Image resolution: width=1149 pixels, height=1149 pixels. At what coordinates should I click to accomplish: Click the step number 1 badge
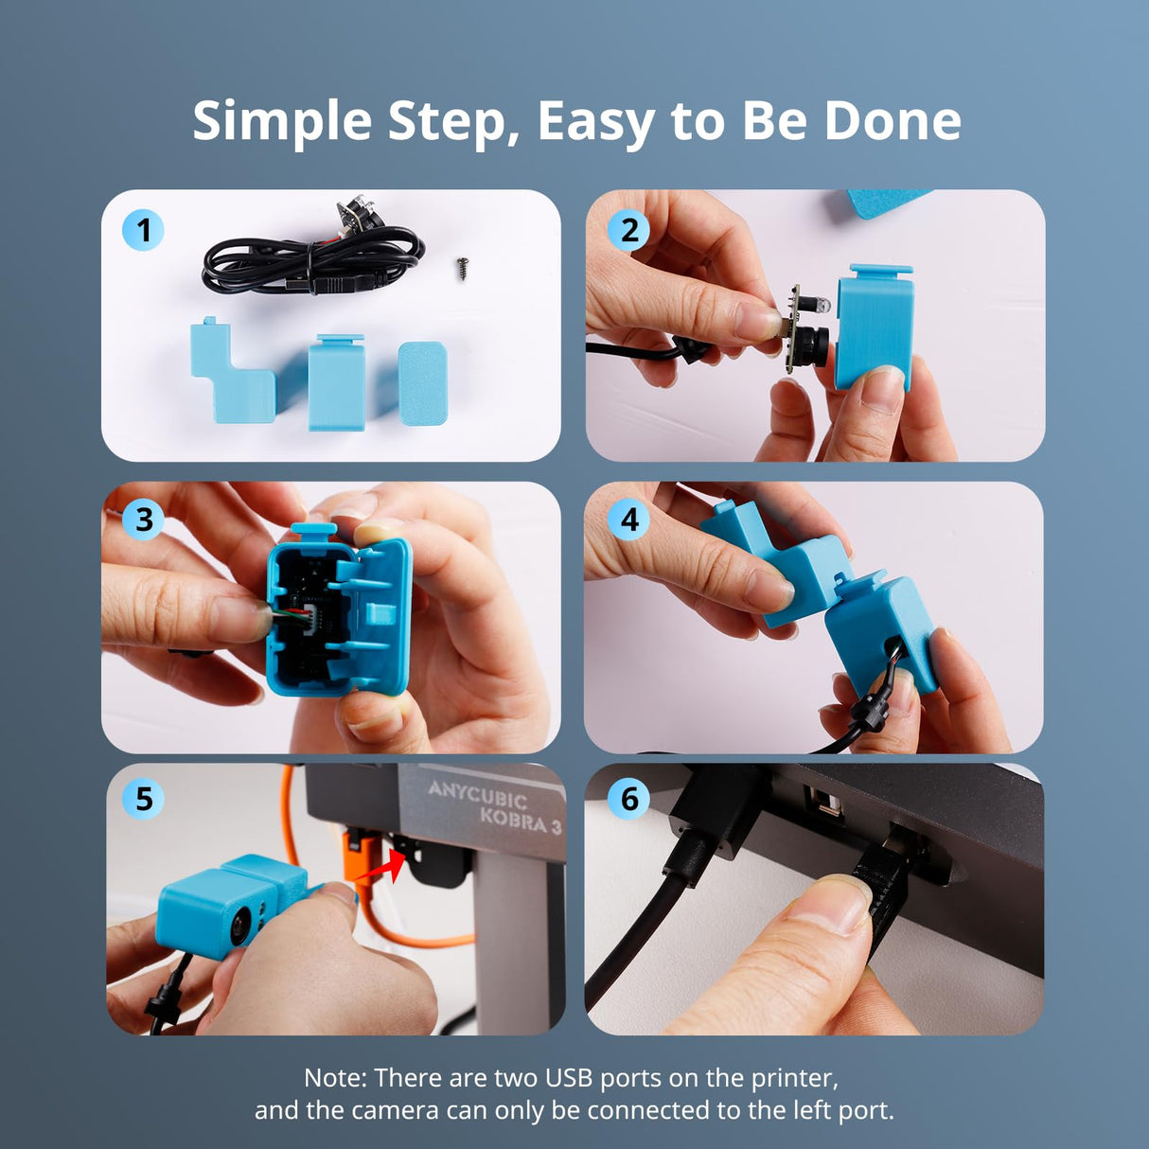(x=143, y=230)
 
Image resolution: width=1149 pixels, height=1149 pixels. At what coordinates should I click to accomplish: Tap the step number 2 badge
(x=629, y=230)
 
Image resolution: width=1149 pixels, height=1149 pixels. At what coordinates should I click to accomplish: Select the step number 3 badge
(x=143, y=519)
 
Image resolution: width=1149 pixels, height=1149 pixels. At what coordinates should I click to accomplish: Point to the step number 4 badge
(x=629, y=519)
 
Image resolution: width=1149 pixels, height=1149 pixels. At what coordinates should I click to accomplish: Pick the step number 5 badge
(x=143, y=799)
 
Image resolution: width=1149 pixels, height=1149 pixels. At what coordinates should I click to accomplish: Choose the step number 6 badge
(x=629, y=799)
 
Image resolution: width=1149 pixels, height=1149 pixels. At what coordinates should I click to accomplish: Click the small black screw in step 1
(x=463, y=267)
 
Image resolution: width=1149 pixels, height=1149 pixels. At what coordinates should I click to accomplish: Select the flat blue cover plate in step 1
(x=422, y=383)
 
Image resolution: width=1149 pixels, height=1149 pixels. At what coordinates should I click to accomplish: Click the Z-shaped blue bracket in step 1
(x=233, y=373)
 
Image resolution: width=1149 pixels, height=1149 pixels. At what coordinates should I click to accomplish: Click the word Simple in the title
(x=281, y=122)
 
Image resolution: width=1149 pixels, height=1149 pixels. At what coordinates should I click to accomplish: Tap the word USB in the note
(x=569, y=1078)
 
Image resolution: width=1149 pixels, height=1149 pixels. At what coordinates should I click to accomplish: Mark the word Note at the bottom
(x=334, y=1078)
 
